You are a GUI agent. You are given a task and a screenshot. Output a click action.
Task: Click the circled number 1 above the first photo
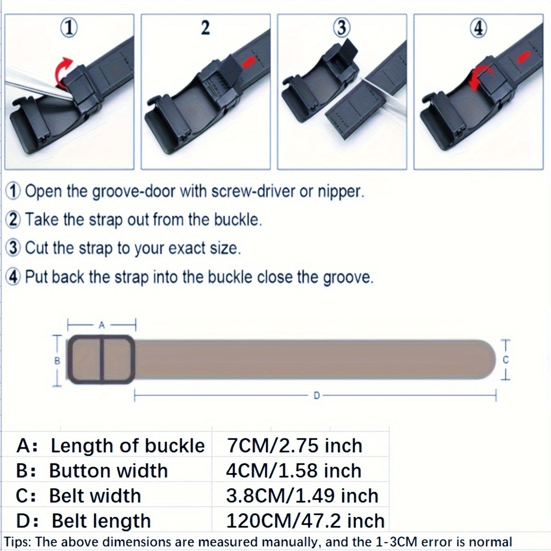coord(69,28)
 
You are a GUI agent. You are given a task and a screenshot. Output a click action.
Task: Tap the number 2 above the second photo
coord(205,28)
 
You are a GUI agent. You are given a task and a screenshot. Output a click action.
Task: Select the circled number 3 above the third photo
coord(342,28)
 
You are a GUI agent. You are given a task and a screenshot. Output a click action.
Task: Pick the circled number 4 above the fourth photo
coord(478,28)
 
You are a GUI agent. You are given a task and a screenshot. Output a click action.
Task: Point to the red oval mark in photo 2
coord(248,62)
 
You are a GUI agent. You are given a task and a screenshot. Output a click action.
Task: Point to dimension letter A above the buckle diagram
coord(101,325)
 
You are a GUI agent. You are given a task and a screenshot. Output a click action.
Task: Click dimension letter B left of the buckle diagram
coord(57,361)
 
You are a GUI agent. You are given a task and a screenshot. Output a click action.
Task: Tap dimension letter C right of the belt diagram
coord(506,360)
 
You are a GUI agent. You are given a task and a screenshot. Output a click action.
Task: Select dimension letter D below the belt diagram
coord(316,396)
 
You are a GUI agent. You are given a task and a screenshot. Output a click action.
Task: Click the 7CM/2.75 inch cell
coord(294,446)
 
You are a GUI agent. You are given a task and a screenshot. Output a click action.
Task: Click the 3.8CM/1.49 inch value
coord(302,496)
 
